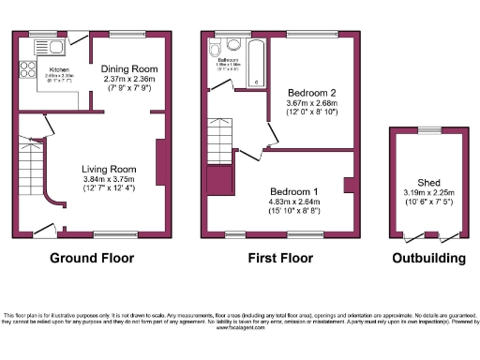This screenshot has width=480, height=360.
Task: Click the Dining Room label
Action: pos(130,69)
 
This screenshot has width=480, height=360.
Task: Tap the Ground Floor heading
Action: pos(91,258)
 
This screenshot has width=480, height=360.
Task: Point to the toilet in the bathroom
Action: pos(217,51)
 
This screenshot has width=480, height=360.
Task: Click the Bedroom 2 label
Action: pos(311,93)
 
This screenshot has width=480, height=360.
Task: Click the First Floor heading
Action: pos(278,258)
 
